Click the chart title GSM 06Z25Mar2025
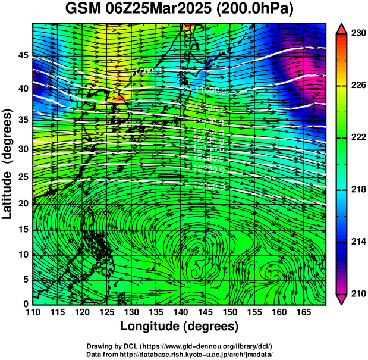[141, 10]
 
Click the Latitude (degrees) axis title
[8, 162]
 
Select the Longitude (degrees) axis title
[180, 326]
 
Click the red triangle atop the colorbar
[342, 29]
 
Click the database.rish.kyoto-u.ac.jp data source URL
[203, 353]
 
